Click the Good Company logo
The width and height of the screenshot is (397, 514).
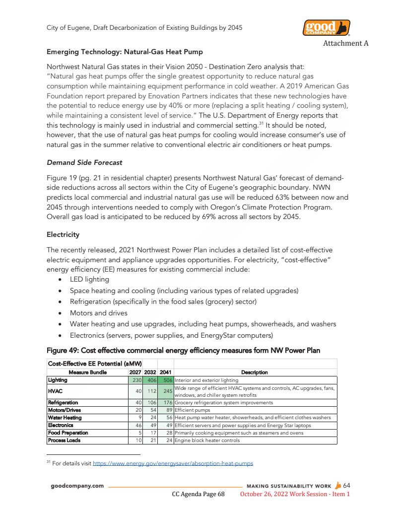pyautogui.click(x=326, y=28)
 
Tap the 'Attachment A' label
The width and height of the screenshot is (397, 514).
pyautogui.click(x=345, y=43)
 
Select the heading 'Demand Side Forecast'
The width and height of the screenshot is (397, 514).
pyautogui.click(x=84, y=162)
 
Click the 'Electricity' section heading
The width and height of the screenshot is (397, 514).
pyautogui.click(x=63, y=234)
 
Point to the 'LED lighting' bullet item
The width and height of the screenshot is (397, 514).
pyautogui.click(x=89, y=279)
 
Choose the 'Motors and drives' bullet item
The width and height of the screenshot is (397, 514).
pyautogui.click(x=99, y=313)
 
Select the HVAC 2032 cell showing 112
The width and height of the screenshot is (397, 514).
pyautogui.click(x=150, y=391)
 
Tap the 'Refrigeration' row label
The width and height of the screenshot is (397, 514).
pyautogui.click(x=63, y=402)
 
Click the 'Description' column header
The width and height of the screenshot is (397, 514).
pyautogui.click(x=255, y=372)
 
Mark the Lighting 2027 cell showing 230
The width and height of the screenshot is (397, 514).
pyautogui.click(x=135, y=380)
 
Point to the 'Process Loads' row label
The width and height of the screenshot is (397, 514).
pyautogui.click(x=64, y=440)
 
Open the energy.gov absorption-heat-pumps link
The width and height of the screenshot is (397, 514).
pyautogui.click(x=173, y=463)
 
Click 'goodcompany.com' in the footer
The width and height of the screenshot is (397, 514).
pyautogui.click(x=77, y=486)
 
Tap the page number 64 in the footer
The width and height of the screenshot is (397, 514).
pyautogui.click(x=346, y=485)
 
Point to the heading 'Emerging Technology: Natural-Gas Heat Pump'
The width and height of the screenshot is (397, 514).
pyautogui.click(x=125, y=52)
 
